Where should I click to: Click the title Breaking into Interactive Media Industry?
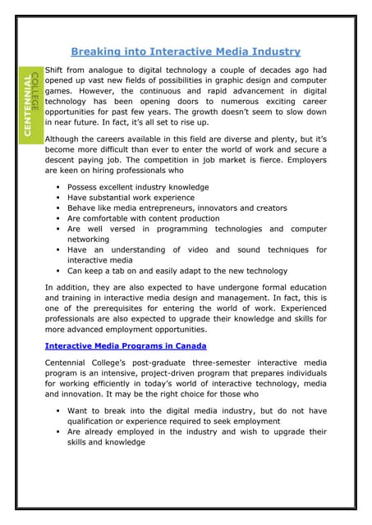[185, 51]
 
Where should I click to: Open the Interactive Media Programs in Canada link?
[125, 346]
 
